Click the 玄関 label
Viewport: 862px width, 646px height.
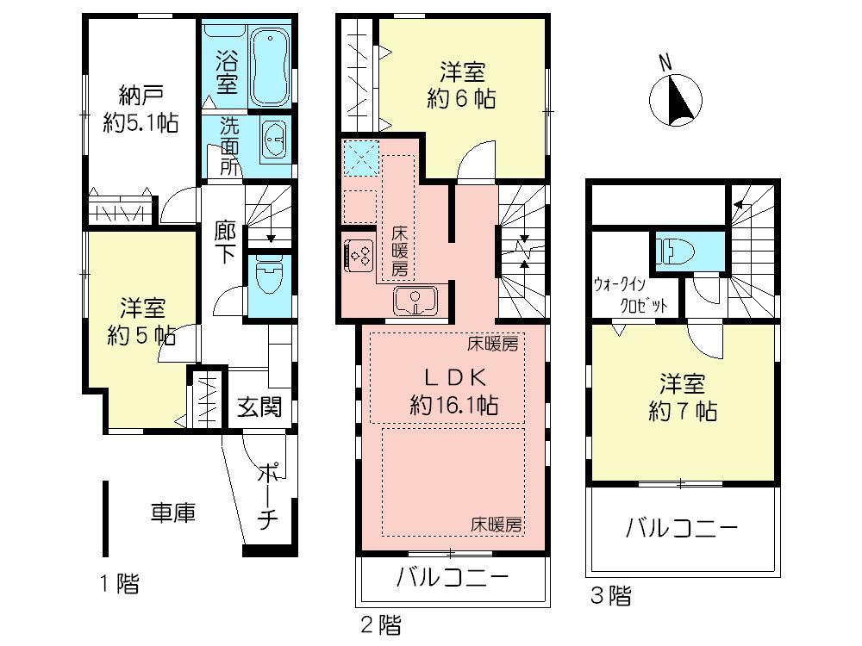click(x=259, y=406)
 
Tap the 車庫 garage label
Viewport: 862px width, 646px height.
click(x=173, y=513)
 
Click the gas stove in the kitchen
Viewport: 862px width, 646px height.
click(x=359, y=253)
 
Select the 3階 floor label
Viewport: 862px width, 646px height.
click(x=609, y=594)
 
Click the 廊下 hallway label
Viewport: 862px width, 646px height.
click(x=225, y=243)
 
